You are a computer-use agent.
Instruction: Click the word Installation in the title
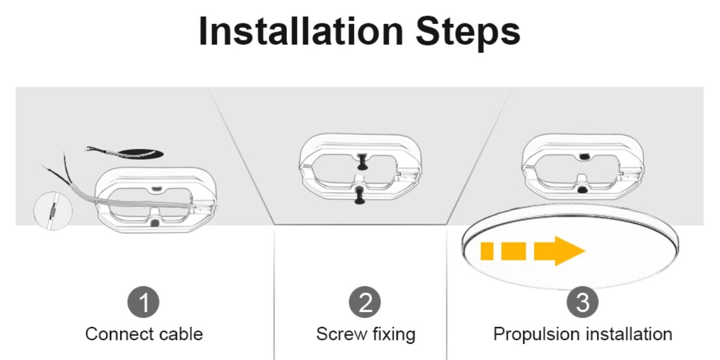301,31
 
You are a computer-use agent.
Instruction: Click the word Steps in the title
468,34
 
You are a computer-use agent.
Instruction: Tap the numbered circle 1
143,302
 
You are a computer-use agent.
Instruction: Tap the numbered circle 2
365,302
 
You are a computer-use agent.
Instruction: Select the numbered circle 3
583,302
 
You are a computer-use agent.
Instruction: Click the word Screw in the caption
341,334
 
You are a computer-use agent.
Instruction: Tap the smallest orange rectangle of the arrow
487,251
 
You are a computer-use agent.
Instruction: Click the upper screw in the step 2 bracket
362,162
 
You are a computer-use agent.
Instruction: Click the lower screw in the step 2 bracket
360,196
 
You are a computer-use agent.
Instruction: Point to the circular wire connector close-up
53,211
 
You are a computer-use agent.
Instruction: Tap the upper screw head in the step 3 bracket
584,157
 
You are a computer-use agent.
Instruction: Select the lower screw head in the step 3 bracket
581,190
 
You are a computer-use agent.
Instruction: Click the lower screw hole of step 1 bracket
155,223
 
